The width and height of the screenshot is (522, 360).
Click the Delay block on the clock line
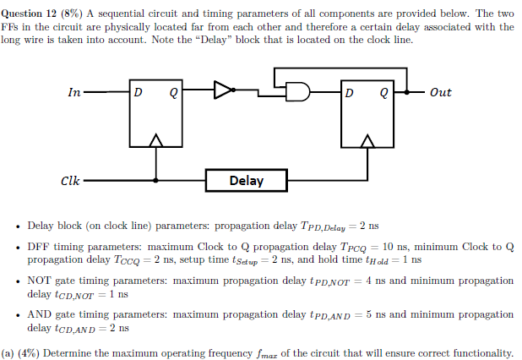[246, 180]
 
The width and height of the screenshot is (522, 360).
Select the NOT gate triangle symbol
[223, 91]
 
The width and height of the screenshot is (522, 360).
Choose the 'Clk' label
[71, 180]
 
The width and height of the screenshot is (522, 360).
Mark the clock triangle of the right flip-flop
[367, 140]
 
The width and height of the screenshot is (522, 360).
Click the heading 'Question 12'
[32, 12]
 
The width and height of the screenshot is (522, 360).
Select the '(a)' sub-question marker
[8, 352]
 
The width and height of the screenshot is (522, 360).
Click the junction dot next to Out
[407, 91]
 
